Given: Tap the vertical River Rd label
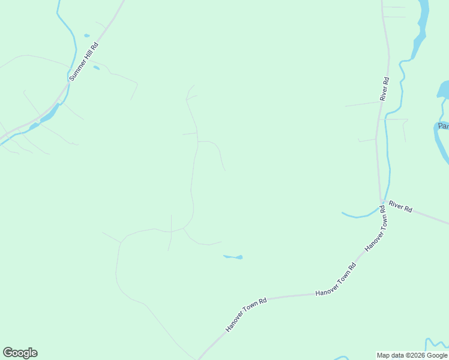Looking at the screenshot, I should click(385, 88).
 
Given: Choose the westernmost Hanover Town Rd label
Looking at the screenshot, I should click(246, 314).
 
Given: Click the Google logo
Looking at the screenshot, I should click(20, 353).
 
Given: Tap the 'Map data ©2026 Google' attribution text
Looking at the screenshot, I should click(411, 355).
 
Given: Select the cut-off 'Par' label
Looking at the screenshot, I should click(443, 126).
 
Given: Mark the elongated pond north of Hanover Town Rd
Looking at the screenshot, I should click(233, 257).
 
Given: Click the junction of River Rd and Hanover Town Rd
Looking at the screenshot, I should click(382, 203).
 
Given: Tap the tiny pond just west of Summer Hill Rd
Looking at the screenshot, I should click(87, 35).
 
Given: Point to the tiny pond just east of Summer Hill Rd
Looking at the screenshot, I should click(96, 67).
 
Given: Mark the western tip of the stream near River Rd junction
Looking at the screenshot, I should click(343, 213).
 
